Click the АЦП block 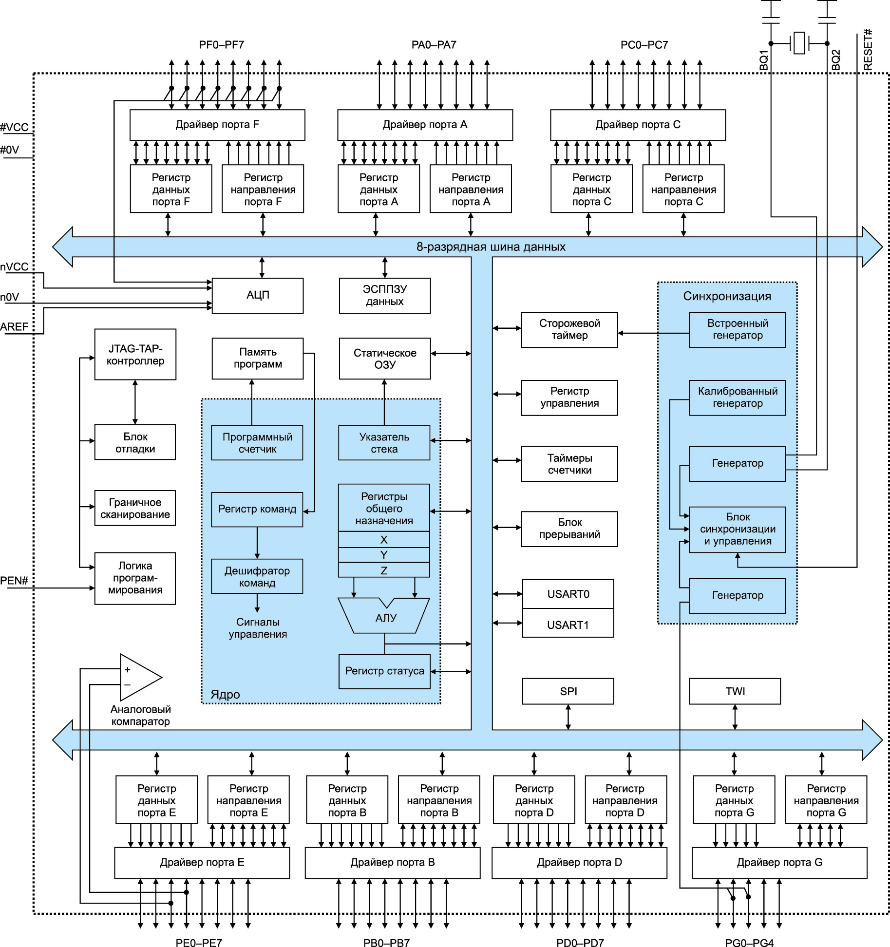click(258, 295)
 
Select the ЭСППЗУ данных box click(385, 295)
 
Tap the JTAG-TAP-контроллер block click(135, 355)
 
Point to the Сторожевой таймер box click(569, 330)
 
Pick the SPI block click(568, 691)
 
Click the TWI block click(735, 691)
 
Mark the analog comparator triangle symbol click(139, 677)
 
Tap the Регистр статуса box click(384, 671)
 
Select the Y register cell click(384, 555)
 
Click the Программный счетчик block click(257, 443)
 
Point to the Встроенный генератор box click(738, 330)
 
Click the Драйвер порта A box click(425, 125)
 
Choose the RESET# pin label click(868, 50)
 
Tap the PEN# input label click(14, 581)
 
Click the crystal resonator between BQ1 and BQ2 click(799, 43)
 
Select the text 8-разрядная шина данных click(491, 247)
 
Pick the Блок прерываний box click(569, 529)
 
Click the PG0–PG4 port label click(749, 943)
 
